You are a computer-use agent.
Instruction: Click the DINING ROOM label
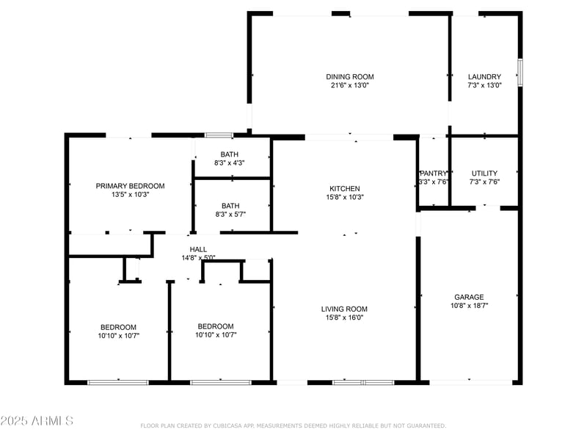350,76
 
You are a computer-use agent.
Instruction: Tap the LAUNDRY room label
484,76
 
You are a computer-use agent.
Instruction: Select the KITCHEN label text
344,188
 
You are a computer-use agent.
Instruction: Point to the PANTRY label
433,173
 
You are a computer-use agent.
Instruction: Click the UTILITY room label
484,173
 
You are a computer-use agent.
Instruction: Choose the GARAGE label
469,297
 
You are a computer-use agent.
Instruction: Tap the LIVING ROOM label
344,309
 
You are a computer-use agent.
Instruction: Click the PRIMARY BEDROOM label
130,186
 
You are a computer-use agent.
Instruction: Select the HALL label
198,250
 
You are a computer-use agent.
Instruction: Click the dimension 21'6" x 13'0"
350,85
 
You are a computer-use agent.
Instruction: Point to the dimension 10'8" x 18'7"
469,306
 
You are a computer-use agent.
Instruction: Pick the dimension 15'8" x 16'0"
344,318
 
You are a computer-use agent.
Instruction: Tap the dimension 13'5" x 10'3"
130,195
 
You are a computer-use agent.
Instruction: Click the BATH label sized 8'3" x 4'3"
230,154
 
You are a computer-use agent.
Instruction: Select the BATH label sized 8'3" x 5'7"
230,206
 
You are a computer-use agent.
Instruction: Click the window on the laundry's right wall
519,72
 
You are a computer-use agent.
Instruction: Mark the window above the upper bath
219,135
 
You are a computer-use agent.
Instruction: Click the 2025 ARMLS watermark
37,420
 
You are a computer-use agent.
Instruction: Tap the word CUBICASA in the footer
234,426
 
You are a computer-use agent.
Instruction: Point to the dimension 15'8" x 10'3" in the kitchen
344,197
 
